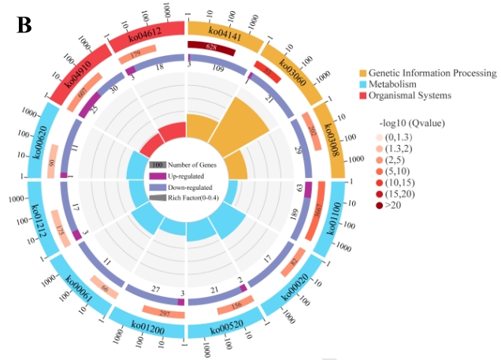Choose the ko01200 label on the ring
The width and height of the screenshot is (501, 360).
[x=147, y=326]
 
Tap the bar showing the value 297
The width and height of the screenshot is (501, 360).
[x=165, y=314]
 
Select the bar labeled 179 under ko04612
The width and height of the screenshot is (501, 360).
[x=135, y=54]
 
